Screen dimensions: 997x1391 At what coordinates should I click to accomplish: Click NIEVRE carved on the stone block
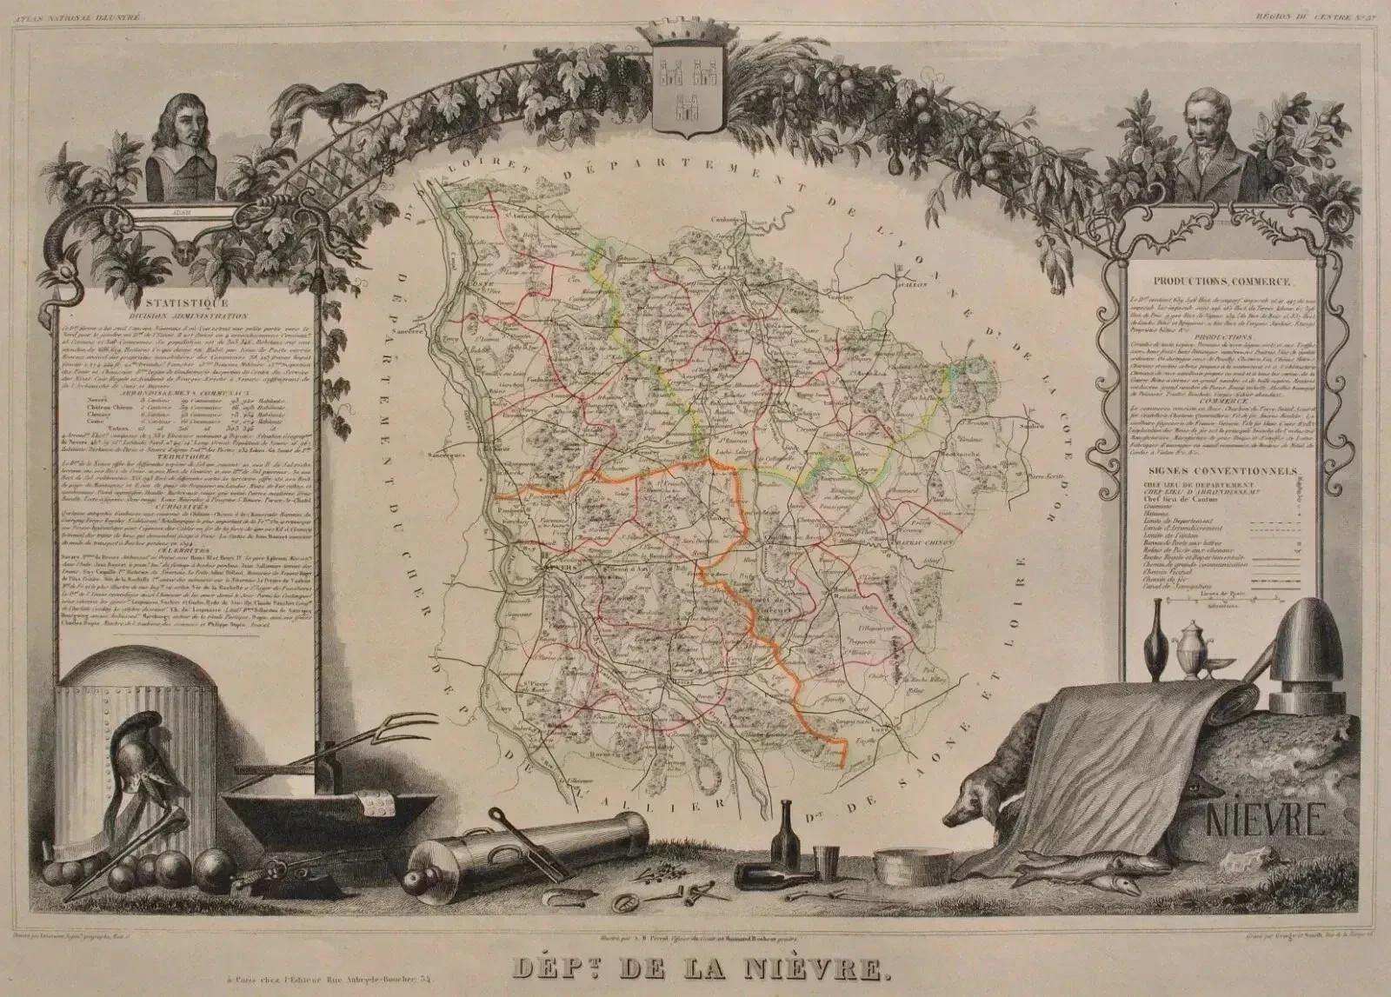click(x=1264, y=817)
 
